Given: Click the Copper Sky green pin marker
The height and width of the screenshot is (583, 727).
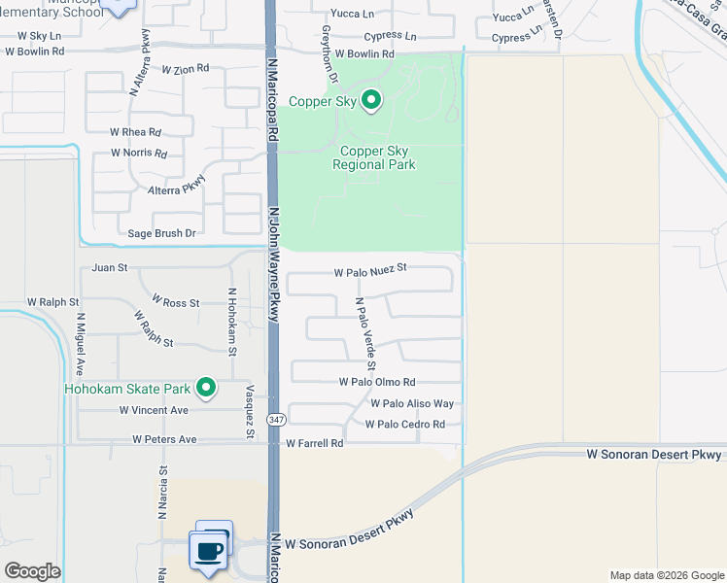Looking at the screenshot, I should coord(370,99).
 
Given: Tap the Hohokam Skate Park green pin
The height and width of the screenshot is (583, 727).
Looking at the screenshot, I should coord(206,389).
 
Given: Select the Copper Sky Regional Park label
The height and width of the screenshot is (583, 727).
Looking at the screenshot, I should coord(374,158).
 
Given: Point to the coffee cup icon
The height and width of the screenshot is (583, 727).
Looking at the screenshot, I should coord(209,551).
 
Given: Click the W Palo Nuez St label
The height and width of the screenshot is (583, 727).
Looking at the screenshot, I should coord(369,274).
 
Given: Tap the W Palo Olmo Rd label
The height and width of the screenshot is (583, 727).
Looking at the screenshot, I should coord(377,383).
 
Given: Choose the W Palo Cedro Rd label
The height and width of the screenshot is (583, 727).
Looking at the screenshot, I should coord(404,425).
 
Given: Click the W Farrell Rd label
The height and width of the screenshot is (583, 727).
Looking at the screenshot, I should coord(315,443).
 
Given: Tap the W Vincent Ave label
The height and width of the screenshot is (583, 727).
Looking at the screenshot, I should coord(154,411).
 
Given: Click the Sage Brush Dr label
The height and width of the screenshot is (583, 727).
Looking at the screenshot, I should coord(162,234).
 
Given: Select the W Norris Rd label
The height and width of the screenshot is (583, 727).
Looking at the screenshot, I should coord(139,154).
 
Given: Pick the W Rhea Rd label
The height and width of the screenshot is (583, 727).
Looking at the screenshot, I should coord(135,131).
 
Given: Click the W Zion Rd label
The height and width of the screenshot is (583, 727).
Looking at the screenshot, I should coord(186,70).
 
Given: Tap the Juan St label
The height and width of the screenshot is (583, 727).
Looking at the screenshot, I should coord(109,267).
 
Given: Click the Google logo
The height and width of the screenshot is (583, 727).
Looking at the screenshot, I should coord(32,571).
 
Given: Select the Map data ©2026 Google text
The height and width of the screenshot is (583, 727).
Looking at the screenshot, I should coord(666,575).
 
